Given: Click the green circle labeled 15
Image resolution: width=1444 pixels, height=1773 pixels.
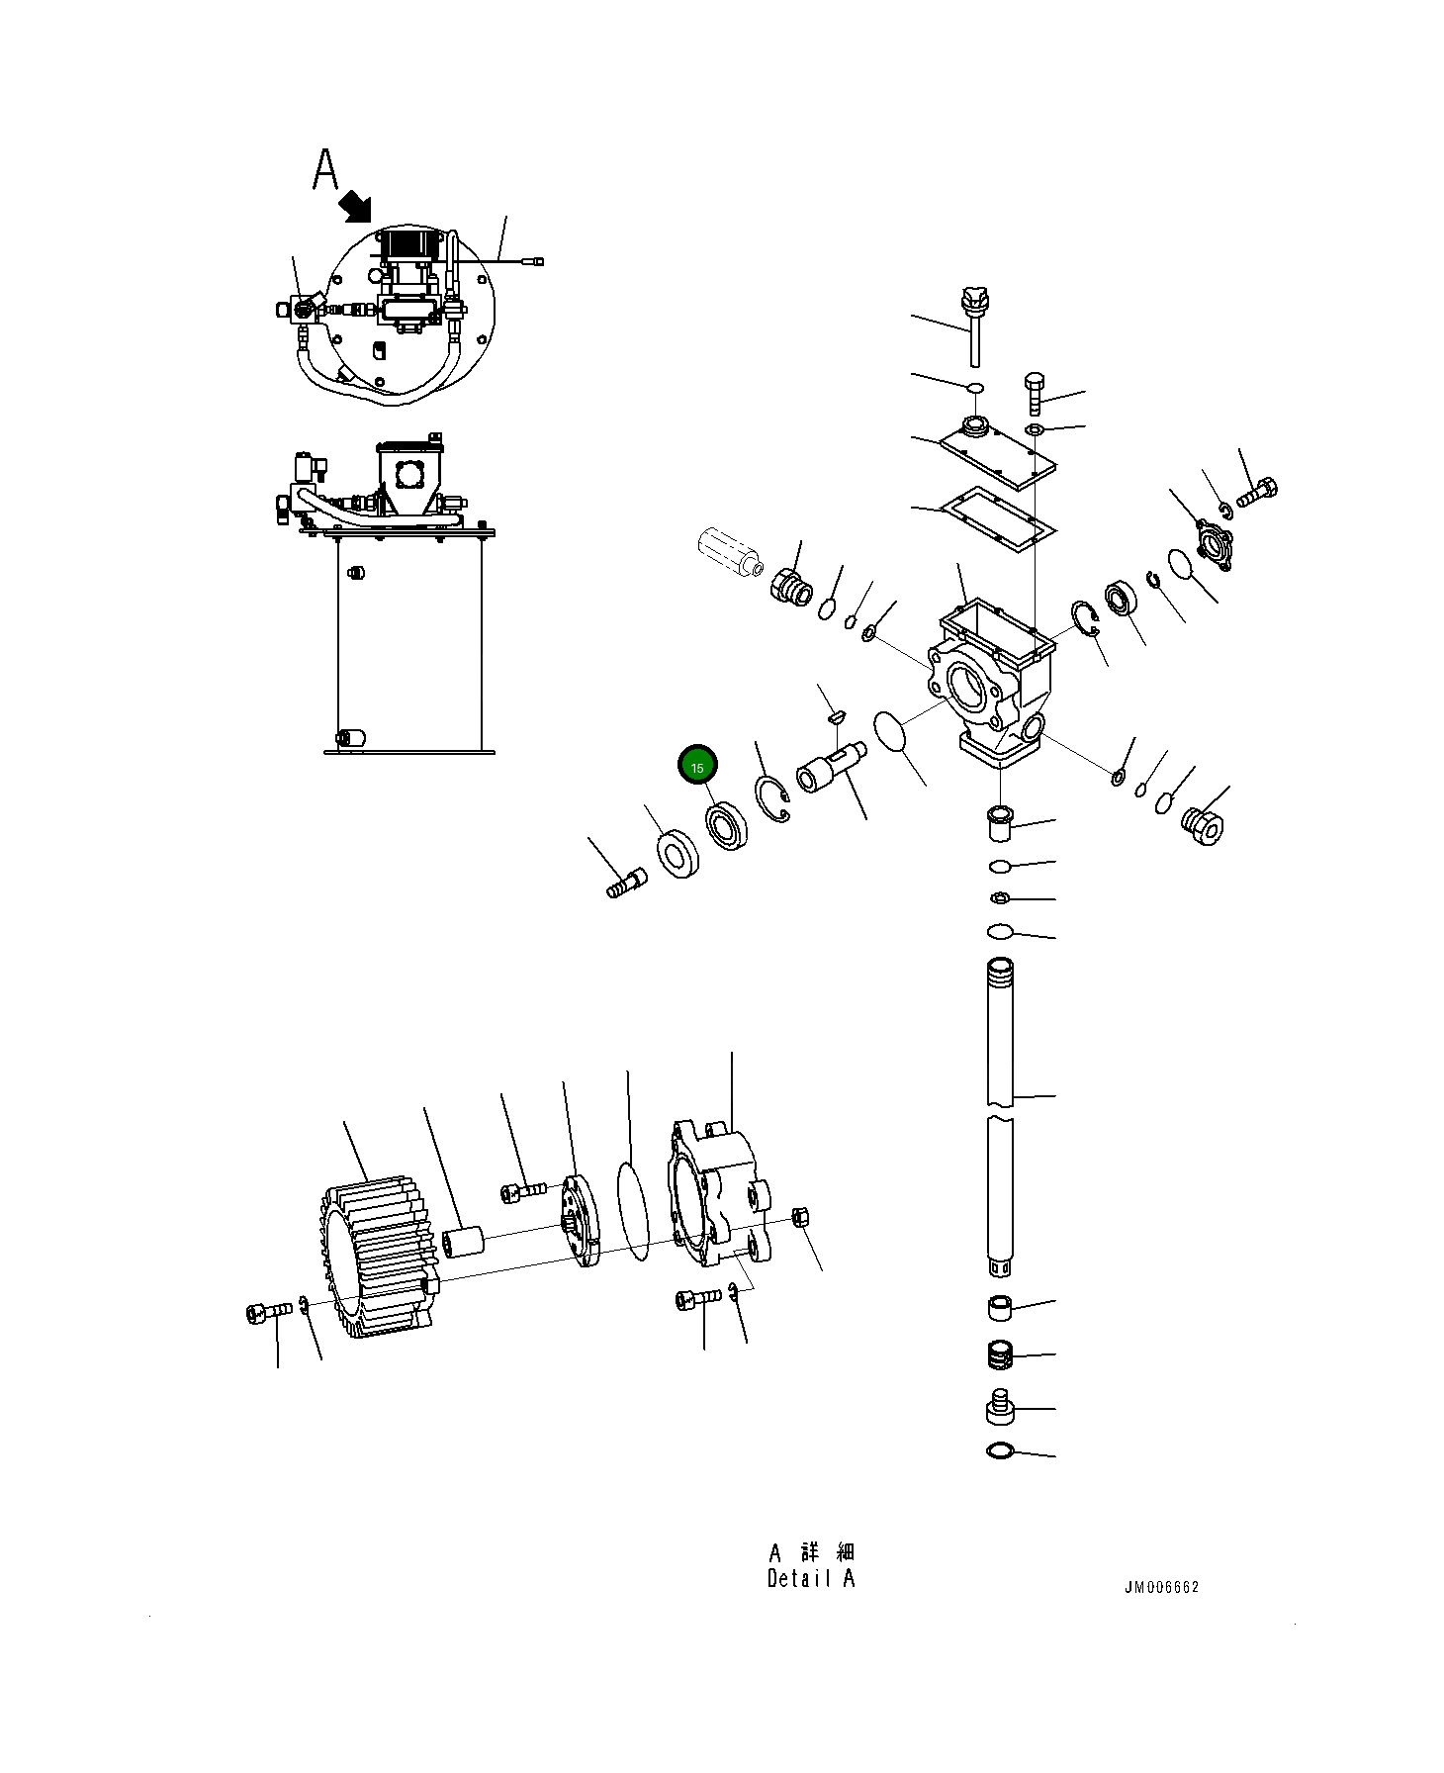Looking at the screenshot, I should [x=697, y=767].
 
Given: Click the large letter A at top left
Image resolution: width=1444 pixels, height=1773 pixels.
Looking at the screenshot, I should [x=325, y=170].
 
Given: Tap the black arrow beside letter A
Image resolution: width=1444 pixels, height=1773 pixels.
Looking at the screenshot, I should [x=354, y=207].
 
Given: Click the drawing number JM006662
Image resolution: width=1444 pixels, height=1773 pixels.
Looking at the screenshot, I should [x=1160, y=1587].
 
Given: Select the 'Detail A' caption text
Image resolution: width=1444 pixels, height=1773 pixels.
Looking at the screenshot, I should [x=810, y=1579].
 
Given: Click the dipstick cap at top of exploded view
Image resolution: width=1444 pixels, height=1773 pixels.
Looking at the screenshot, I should [x=975, y=300].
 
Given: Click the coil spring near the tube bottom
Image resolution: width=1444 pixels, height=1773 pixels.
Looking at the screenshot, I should [x=1000, y=1354].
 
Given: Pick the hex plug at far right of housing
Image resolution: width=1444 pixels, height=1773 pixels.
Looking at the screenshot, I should [x=1202, y=824].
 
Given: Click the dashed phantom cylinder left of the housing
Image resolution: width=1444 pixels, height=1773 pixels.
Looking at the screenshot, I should [x=729, y=552].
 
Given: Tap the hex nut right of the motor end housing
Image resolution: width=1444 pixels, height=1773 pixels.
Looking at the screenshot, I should [x=802, y=1217].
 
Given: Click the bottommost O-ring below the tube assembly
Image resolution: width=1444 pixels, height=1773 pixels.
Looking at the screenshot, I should [x=1000, y=1451].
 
